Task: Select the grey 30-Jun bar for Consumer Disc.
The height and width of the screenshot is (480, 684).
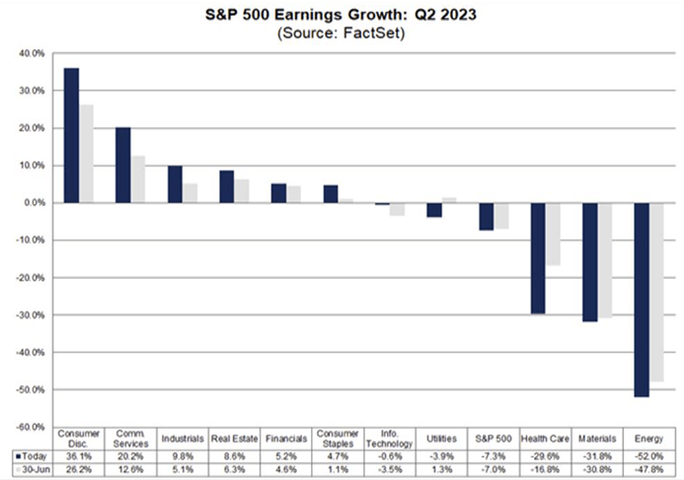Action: point(86,153)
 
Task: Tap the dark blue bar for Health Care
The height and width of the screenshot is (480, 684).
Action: point(538,258)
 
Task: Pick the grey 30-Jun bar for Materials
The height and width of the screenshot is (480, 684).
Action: point(605,260)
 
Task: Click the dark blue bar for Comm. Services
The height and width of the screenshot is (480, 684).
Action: point(123,165)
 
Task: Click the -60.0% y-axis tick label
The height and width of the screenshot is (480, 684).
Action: point(29,427)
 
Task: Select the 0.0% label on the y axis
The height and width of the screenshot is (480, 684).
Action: point(33,203)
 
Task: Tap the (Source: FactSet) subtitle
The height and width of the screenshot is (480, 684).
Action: point(342,34)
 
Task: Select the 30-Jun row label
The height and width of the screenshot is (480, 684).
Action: point(33,469)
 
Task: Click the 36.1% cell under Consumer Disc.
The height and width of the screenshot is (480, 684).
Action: point(78,456)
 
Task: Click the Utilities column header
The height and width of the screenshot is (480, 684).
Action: point(441,438)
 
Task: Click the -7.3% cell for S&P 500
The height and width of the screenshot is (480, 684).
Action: point(494,456)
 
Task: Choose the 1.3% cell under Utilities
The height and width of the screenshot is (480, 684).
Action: point(441,469)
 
